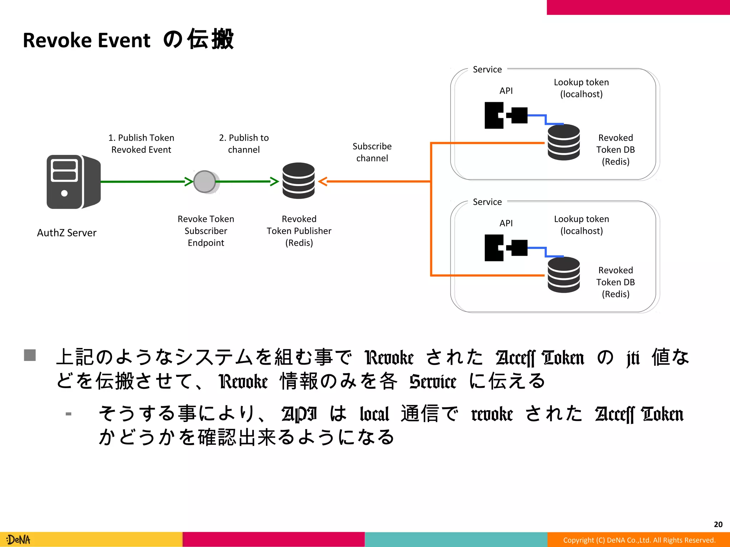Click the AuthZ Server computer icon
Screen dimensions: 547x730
tap(73, 182)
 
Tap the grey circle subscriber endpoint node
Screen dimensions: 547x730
tap(205, 182)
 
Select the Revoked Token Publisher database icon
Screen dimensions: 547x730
tap(298, 181)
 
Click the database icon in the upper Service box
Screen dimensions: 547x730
tap(564, 142)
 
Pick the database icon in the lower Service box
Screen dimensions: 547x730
tap(564, 275)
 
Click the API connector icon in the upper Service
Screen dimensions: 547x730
tap(505, 115)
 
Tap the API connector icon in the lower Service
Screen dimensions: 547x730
tap(505, 248)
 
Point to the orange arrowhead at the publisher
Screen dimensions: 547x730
tap(323, 182)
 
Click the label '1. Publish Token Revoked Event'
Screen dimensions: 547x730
tap(141, 144)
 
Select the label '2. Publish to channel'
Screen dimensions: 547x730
tap(244, 144)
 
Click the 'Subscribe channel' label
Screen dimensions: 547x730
tap(372, 152)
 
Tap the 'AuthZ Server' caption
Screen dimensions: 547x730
tap(67, 233)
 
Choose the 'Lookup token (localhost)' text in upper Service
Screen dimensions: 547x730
tap(581, 88)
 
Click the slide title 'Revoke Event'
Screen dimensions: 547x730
tap(87, 40)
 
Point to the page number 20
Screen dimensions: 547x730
tap(718, 524)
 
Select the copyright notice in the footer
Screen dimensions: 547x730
tap(639, 540)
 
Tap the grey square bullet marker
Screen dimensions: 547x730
tap(30, 355)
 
